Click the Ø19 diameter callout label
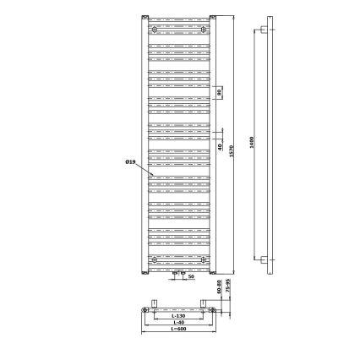pyautogui.click(x=130, y=161)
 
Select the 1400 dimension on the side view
pyautogui.click(x=252, y=144)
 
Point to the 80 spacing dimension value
pyautogui.click(x=219, y=93)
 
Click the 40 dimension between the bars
pyautogui.click(x=219, y=147)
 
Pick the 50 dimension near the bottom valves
pyautogui.click(x=190, y=276)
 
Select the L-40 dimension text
pyautogui.click(x=178, y=322)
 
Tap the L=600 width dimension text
pyautogui.click(x=178, y=330)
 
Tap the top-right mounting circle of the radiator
pyautogui.click(x=203, y=29)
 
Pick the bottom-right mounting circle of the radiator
pyautogui.click(x=203, y=259)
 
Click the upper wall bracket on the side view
pyautogui.click(x=265, y=31)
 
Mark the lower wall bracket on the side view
pyautogui.click(x=265, y=259)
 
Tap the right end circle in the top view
pyautogui.click(x=210, y=311)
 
